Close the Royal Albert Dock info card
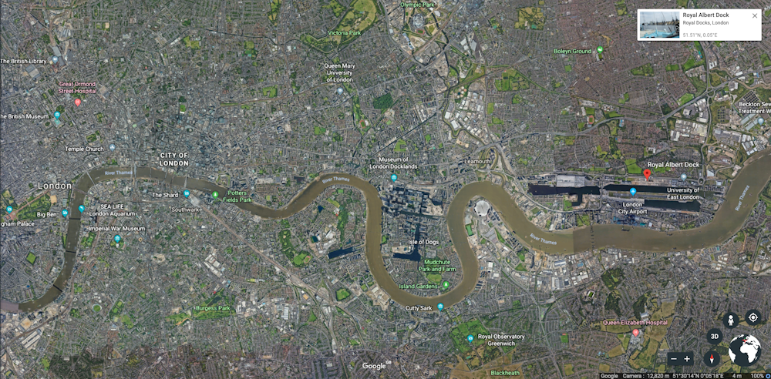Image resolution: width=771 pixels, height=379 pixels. coord(755,15)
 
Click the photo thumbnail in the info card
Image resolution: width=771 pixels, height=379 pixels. coord(658,25)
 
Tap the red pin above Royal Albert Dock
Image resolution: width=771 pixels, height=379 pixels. coord(647,175)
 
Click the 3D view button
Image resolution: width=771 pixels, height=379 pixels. coord(715,336)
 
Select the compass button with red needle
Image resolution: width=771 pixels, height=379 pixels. coord(712,358)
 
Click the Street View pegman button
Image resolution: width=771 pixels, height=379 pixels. coord(731,319)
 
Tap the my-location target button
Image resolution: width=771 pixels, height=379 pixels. coord(752,318)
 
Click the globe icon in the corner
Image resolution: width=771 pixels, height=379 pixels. coord(745,350)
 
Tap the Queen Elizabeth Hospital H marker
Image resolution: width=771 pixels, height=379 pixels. coord(635,333)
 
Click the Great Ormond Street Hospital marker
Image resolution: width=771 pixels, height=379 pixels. coord(77,102)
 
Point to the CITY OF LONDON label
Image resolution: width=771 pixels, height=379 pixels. coord(174,159)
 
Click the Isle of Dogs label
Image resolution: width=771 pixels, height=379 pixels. coord(423,243)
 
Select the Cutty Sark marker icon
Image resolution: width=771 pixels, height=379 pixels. coord(440,307)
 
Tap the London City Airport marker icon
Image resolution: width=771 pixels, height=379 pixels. coord(633,192)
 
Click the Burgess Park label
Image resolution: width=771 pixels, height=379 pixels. coord(213,308)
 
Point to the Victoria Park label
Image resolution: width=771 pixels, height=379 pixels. coord(345,33)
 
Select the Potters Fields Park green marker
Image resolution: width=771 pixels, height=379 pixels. coord(215,194)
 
